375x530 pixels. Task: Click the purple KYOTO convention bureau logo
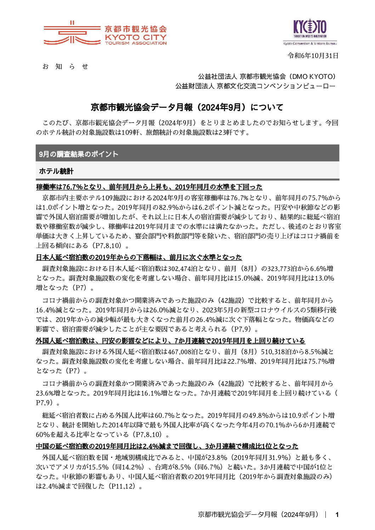coord(309,31)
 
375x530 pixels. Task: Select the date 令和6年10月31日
coord(313,56)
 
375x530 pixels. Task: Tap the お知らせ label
coord(65,67)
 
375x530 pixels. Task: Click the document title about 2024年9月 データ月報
coord(187,107)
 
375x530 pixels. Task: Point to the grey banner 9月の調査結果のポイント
coord(187,154)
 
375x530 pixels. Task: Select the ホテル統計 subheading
coord(56,171)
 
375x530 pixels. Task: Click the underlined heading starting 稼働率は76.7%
coord(149,187)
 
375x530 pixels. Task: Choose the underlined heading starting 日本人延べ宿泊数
coord(139,257)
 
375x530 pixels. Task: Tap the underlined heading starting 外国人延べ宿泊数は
coord(170,341)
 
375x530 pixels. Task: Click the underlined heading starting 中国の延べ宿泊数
coord(167,446)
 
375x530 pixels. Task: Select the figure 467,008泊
coord(184,352)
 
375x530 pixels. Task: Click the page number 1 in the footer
coord(337,515)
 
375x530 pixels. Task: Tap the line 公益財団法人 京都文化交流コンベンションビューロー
coord(255,86)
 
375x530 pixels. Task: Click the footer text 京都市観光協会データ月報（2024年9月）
coord(258,515)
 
